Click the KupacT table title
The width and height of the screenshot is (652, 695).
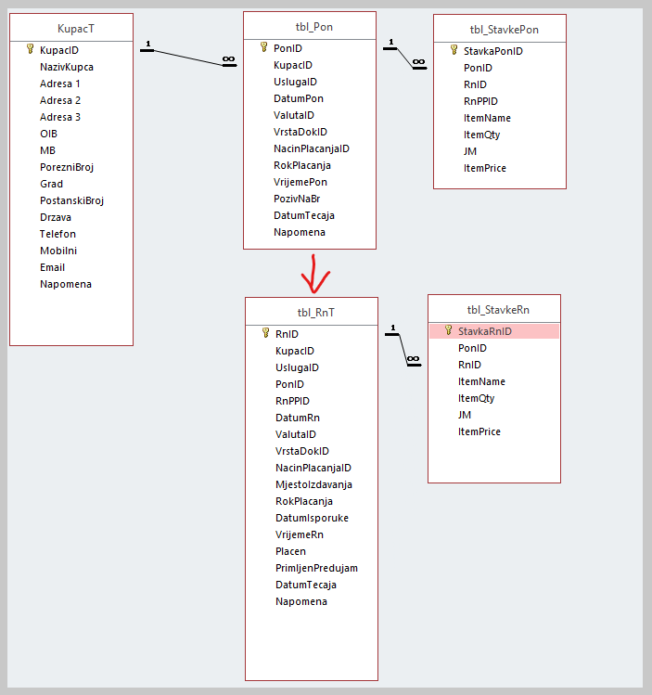coord(71,29)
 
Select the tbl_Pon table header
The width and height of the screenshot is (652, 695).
coord(310,27)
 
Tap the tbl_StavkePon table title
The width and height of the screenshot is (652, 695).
coord(500,30)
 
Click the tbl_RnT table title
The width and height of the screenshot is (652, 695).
coord(312,313)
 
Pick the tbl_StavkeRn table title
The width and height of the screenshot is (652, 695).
coord(494,310)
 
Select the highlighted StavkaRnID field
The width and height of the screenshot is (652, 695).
coord(485,331)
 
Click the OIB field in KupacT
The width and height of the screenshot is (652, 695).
coord(48,134)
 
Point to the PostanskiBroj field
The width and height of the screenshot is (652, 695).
coord(71,200)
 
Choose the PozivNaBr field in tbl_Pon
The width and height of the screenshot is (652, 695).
coord(298,199)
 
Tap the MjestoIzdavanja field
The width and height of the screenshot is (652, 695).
coord(313,484)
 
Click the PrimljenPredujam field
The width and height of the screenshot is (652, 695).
coord(316,568)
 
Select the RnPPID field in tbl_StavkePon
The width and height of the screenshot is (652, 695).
coord(480,101)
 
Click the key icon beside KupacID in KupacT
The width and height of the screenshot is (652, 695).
coord(30,50)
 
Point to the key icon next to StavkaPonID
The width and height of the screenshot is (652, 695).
coord(454,51)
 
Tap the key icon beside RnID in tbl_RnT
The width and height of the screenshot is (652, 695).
coord(265,334)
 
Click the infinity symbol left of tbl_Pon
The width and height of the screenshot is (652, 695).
coord(228,61)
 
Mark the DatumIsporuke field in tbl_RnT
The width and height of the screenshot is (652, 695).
coord(312,518)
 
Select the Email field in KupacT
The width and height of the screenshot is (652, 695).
coord(52,267)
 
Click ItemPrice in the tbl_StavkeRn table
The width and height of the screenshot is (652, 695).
coord(479,431)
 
